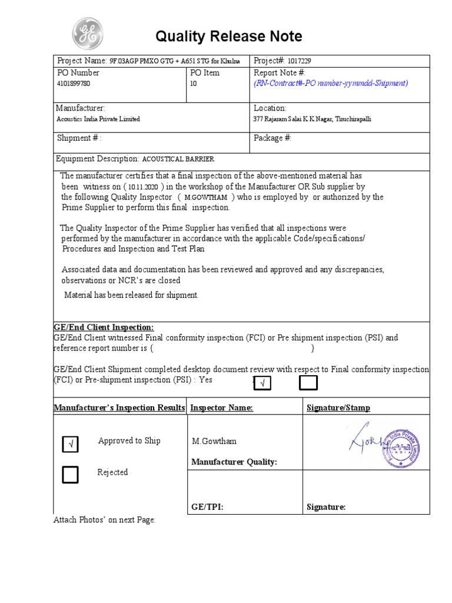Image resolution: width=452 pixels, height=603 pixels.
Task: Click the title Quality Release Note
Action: pos(228,37)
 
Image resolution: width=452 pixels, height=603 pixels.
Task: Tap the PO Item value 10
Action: pos(194,84)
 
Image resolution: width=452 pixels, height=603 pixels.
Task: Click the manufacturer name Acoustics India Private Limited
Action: pos(98,119)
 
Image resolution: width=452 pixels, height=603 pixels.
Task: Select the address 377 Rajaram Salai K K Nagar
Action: pos(312,119)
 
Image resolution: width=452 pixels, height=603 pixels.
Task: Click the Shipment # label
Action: pos(79,138)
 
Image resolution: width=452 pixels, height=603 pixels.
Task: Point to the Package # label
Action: pos(272,138)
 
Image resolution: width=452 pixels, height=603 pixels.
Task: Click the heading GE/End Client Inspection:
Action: pos(104,327)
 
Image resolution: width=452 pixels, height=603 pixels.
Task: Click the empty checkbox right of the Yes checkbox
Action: pos(308,383)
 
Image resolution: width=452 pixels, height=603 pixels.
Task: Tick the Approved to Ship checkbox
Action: pos(70,446)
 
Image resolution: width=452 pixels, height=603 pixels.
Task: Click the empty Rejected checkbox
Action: pos(70,474)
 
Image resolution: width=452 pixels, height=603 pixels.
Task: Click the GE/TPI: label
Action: pos(207,507)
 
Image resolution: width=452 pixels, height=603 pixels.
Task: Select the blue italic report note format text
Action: pos(330,84)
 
